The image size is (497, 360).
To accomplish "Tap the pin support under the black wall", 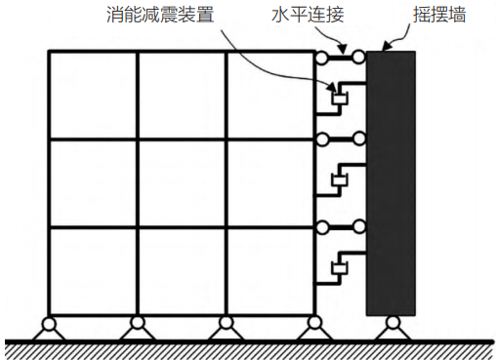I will pos(392,324).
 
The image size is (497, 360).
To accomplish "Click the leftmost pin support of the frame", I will pos(48,325).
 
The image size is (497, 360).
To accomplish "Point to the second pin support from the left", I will pos(137,325).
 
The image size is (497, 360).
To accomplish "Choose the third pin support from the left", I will pos(226,325).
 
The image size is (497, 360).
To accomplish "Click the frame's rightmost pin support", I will pos(314,325).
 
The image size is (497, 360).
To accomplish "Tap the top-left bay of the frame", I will pos(92,95).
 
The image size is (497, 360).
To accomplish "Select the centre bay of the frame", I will pos(181,182).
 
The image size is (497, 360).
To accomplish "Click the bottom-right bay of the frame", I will pos(269,270).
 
